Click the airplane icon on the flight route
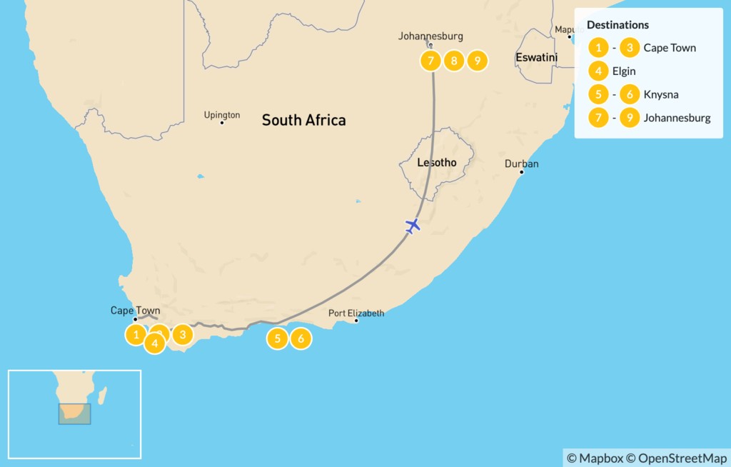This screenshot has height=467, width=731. click(412, 226)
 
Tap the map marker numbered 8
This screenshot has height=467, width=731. click(453, 61)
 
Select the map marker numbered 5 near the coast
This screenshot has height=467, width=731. click(278, 338)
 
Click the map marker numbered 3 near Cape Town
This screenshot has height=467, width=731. click(183, 333)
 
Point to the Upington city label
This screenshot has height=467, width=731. click(222, 114)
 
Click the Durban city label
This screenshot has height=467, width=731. click(522, 164)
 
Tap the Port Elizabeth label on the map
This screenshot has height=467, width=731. click(356, 313)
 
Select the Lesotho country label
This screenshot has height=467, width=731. click(437, 162)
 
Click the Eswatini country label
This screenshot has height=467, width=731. click(536, 56)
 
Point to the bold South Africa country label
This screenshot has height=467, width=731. click(303, 120)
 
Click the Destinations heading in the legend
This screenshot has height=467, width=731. click(617, 25)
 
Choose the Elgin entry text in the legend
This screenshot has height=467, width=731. click(624, 71)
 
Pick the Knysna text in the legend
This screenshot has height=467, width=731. click(660, 94)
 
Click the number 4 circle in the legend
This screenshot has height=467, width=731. click(598, 71)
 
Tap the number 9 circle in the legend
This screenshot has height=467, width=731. click(630, 118)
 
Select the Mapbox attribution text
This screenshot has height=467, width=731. click(596, 458)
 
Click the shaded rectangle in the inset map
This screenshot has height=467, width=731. click(74, 414)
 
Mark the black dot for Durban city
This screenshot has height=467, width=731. click(522, 172)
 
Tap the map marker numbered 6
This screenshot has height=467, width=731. click(301, 338)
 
